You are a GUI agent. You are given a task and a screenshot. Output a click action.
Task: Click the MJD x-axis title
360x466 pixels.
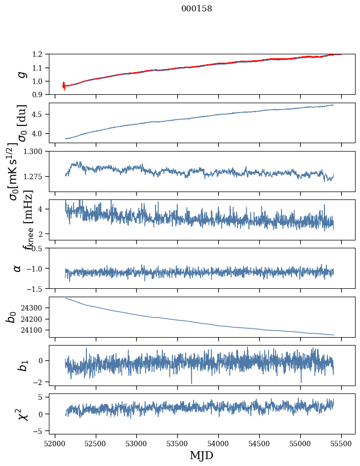pyautogui.click(x=201, y=456)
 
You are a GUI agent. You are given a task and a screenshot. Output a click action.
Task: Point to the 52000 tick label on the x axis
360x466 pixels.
pyautogui.click(x=55, y=443)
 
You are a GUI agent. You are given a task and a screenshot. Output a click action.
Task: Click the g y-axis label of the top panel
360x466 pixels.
pyautogui.click(x=21, y=75)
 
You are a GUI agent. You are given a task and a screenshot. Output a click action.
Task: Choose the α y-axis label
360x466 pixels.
pyautogui.click(x=17, y=268)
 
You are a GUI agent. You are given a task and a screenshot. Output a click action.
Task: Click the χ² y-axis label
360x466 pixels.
pyautogui.click(x=22, y=414)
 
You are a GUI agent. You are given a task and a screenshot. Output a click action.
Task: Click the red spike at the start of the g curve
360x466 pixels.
pyautogui.click(x=64, y=86)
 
